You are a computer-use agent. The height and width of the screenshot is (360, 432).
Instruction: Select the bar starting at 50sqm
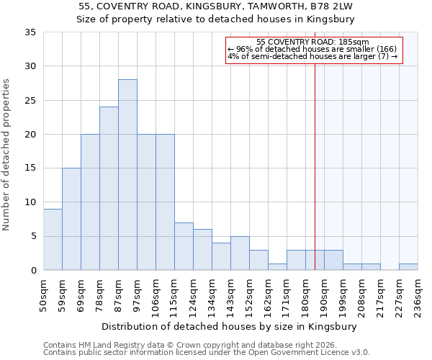53,240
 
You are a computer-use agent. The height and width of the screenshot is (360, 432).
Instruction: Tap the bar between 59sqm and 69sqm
71,219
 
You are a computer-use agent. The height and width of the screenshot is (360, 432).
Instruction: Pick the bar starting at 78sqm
109,189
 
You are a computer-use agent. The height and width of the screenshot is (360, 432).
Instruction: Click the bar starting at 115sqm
184,246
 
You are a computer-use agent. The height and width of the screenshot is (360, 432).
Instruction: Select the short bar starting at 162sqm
277,266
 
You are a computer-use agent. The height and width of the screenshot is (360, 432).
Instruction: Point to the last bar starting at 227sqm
408,266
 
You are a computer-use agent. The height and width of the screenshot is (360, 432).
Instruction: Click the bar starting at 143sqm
240,253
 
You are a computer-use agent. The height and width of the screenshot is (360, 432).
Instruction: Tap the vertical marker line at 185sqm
315,166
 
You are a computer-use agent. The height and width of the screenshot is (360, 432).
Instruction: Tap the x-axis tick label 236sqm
418,296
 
